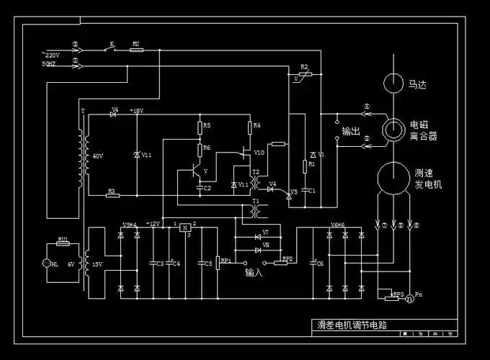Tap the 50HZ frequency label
48,64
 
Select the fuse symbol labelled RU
136,50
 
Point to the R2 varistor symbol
301,75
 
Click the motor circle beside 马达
394,84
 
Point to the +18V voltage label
136,111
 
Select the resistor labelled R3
111,195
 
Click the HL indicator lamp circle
48,264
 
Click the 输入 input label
253,273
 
